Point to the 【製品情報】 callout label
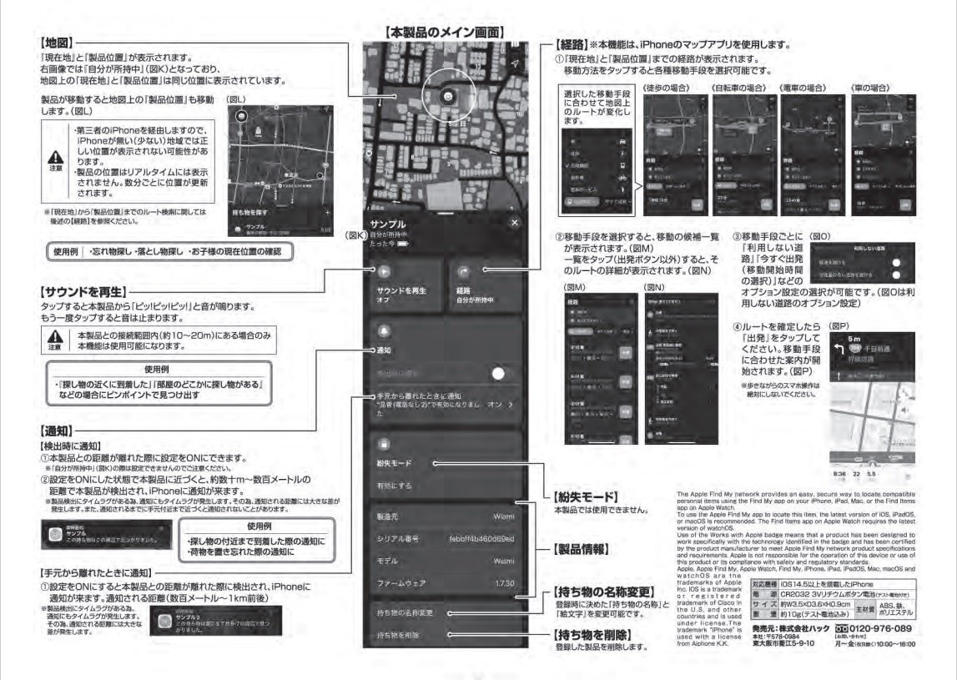(579, 551)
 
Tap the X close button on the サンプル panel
(514, 223)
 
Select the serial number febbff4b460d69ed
(483, 539)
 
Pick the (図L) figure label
(238, 99)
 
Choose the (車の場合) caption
(874, 87)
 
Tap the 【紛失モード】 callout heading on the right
(584, 496)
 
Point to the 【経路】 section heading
(570, 43)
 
